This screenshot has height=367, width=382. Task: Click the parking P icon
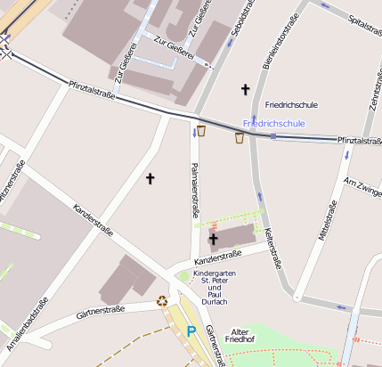coord(191,330)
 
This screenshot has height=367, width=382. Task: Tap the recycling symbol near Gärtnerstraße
coord(162,301)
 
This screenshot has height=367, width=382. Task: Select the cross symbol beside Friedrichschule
coord(246,89)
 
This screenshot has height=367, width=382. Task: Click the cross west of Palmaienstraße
coord(150,179)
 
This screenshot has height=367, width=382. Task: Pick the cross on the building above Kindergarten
coord(213,239)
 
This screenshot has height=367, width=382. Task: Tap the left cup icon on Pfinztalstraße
coord(201,131)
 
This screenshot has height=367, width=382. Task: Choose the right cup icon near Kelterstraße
coord(239,137)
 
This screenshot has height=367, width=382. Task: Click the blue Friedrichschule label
coord(274,122)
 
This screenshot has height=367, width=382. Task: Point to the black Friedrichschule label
coord(291,104)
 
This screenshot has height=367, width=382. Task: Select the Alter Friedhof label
coord(240,335)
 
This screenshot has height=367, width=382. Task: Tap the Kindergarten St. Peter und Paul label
coord(215,287)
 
